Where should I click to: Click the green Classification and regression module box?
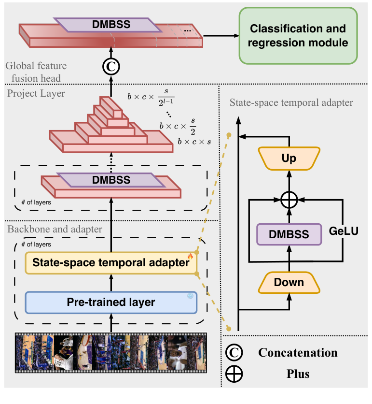(298, 36)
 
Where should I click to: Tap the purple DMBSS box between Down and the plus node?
(289, 235)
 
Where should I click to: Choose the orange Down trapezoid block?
(289, 282)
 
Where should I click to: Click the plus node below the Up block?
(289, 199)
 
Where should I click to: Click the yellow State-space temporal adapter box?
(110, 263)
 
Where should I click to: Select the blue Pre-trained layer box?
(110, 303)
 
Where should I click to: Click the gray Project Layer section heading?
(36, 94)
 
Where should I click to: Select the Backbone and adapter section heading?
(55, 229)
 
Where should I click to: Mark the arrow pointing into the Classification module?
(222, 36)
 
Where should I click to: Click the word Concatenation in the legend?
(298, 353)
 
